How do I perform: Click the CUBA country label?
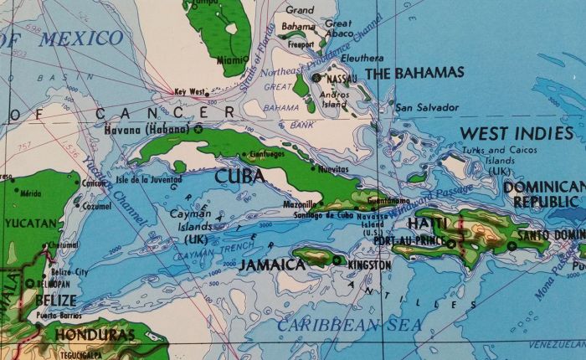pos(239,177)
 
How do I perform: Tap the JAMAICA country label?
pos(272,265)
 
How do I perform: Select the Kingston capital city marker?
pos(337,261)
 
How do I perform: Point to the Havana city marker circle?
pos(198,130)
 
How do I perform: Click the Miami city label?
pos(231,60)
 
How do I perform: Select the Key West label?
pos(189,92)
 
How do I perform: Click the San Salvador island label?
pos(427,107)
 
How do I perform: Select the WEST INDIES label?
pos(517,133)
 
